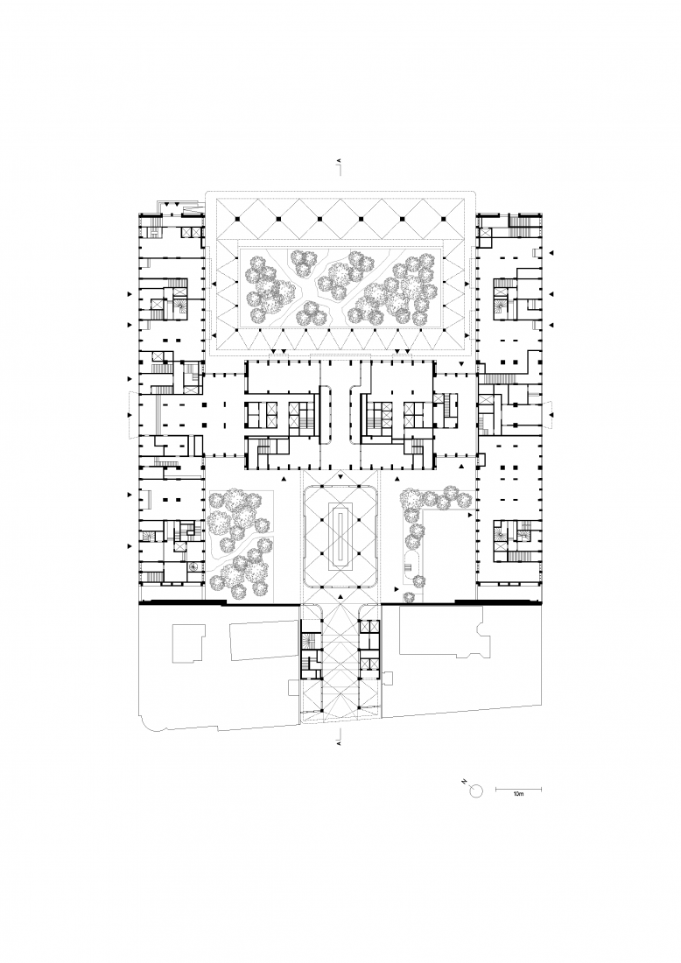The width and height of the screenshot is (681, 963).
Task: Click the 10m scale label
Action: [517, 795]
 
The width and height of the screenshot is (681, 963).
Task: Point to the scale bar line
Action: [517, 788]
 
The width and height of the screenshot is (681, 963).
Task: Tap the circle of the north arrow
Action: [476, 791]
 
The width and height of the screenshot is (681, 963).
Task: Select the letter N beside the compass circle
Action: [466, 782]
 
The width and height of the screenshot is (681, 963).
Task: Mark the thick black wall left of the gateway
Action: [219, 602]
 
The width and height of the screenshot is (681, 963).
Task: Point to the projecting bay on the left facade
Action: [132, 411]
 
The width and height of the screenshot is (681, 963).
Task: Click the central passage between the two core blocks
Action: [340, 411]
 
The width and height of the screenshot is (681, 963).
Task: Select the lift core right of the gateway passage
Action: [369, 652]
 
